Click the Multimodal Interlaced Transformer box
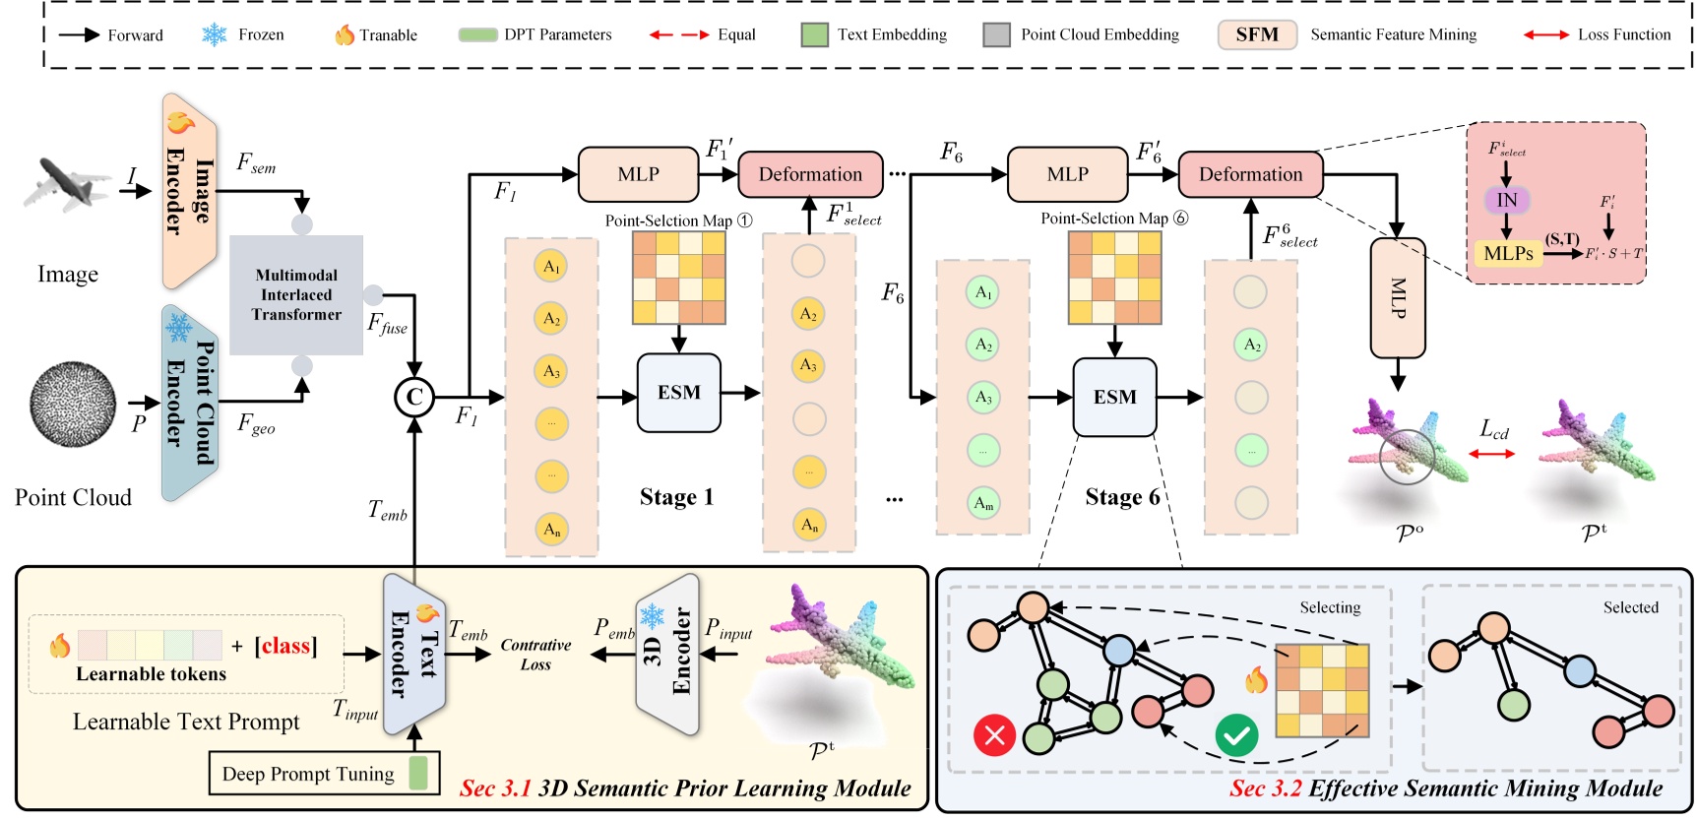coord(296,294)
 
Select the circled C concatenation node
coord(413,397)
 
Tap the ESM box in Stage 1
coord(679,393)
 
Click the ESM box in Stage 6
coord(1114,397)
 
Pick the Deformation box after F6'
coord(1250,174)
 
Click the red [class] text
coord(285,646)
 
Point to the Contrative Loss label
coord(535,655)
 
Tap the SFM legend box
coord(1257,34)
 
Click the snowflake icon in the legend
coord(214,34)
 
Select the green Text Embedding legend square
coord(814,35)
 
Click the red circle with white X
coord(994,735)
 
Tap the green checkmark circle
coord(1236,735)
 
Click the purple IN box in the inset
coord(1506,201)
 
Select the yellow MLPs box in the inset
coord(1508,253)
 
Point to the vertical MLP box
coord(1398,298)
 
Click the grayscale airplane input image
coord(67,184)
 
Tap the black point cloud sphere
coord(73,404)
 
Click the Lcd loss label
coord(1493,429)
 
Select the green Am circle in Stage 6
coord(983,503)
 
